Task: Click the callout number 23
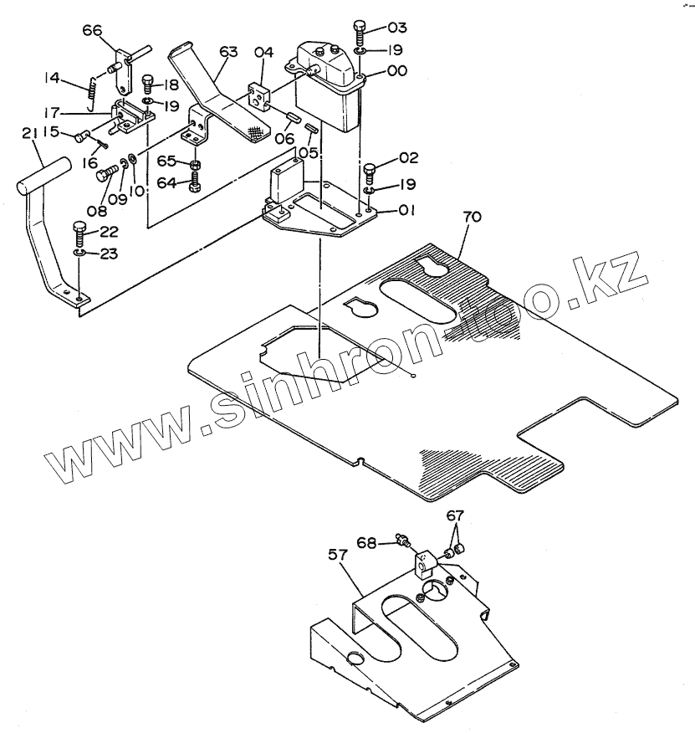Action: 110,254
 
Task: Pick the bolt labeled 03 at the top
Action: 359,34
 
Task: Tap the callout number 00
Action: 396,72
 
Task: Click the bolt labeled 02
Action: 370,172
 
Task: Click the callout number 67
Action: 453,515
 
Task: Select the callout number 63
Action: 227,52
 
